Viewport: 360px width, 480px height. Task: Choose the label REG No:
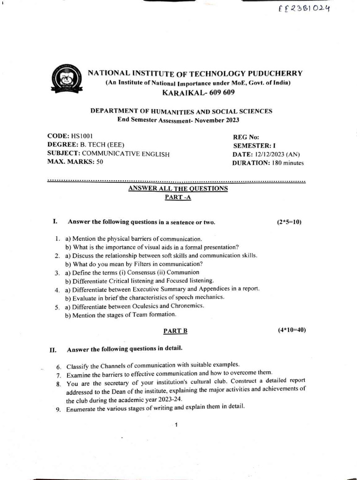(246, 137)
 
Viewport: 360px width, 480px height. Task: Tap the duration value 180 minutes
(288, 163)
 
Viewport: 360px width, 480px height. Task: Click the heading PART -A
(178, 197)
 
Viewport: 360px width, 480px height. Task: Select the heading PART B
(175, 330)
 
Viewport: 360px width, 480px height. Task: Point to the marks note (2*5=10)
(289, 222)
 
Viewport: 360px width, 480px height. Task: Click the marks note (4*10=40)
(292, 330)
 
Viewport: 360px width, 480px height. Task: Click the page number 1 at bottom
(175, 425)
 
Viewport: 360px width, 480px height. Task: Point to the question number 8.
(59, 384)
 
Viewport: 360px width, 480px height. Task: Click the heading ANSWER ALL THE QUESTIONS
(178, 188)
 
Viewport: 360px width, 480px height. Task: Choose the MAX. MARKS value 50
(99, 162)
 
